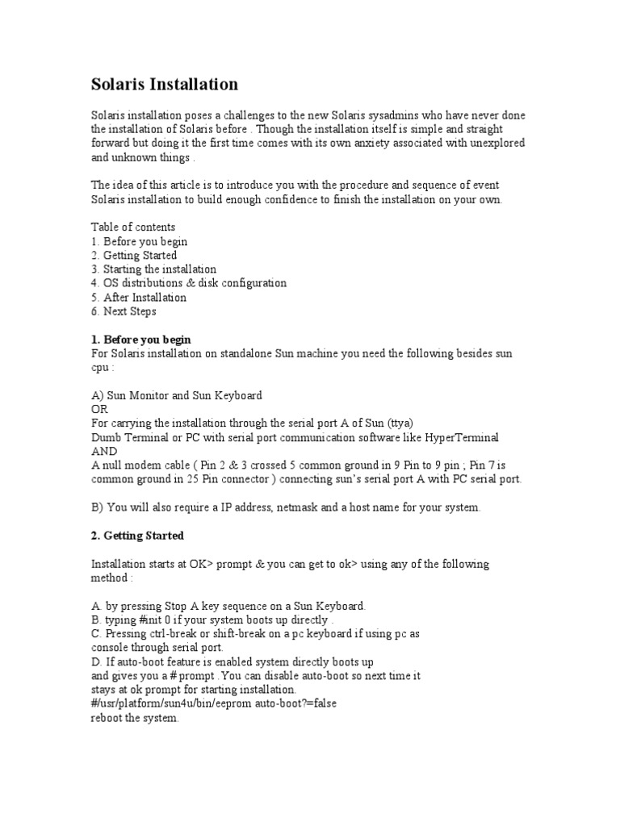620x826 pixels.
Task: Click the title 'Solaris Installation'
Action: click(x=164, y=84)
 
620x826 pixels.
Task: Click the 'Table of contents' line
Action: click(x=133, y=227)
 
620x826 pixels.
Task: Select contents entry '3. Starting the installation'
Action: click(x=153, y=269)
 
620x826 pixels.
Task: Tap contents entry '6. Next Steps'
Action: click(x=124, y=311)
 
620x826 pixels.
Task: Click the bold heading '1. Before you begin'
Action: click(x=141, y=340)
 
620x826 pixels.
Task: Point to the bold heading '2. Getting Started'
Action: click(x=137, y=536)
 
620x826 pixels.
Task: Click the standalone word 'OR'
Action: click(x=98, y=409)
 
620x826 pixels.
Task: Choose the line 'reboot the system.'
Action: click(x=134, y=718)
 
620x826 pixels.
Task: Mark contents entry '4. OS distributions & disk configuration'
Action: click(x=189, y=283)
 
